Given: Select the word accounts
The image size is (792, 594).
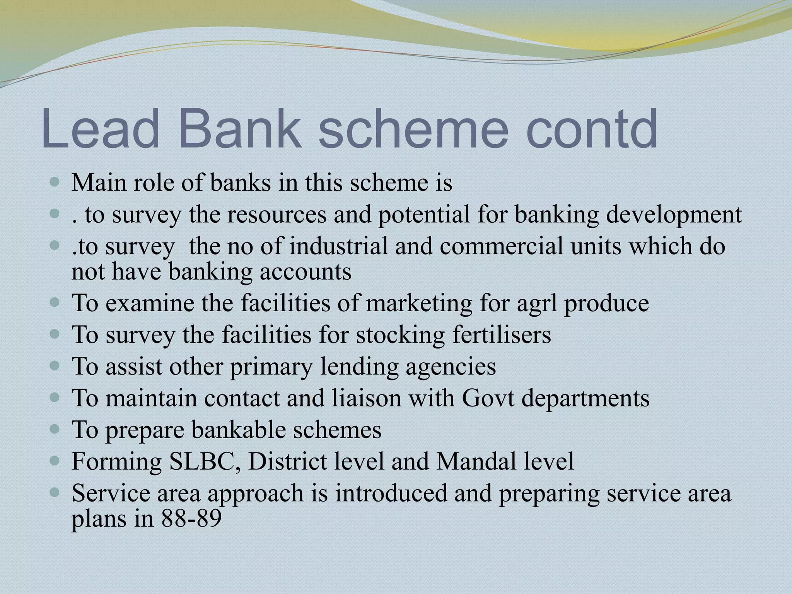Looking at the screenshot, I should coord(305,271).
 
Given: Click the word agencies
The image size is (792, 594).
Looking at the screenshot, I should coord(451,366).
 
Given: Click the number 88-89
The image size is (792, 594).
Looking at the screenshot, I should coord(191,519).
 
